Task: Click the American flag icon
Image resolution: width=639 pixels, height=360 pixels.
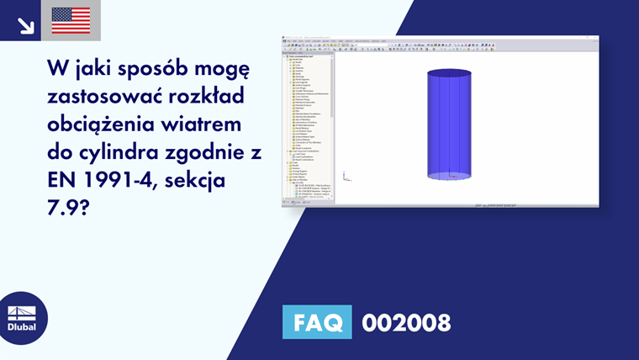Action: pos(71,20)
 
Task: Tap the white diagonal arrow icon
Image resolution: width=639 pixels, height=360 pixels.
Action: pos(25,26)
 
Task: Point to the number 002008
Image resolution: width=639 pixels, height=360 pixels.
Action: pos(406,322)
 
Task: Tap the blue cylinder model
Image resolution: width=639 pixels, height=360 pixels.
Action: pos(451,126)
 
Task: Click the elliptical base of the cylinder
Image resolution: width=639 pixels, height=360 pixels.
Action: pos(451,176)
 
